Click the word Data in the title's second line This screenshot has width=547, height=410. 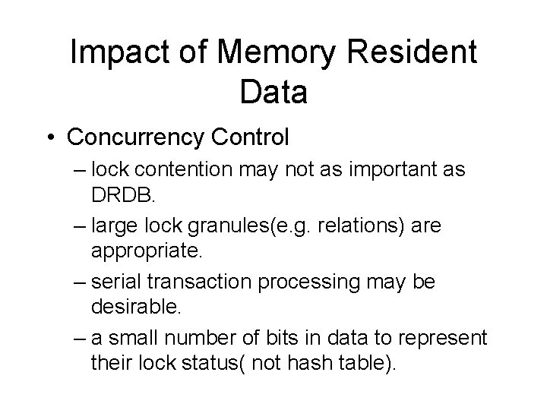(273, 92)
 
